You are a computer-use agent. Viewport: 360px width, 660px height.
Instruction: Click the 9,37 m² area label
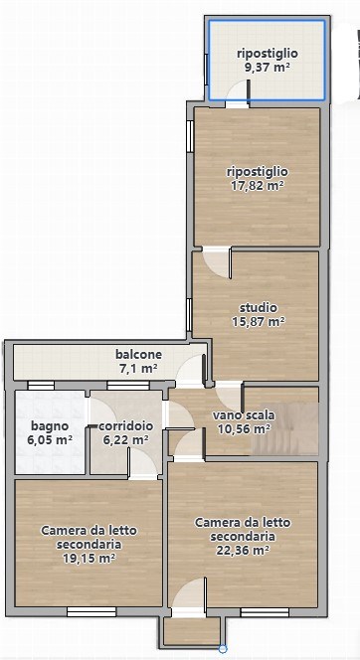pos(267,68)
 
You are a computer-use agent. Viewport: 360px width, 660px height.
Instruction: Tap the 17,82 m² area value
pos(257,184)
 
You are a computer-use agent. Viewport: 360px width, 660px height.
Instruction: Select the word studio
pos(259,307)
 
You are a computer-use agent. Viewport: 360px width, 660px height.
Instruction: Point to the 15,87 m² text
pos(259,321)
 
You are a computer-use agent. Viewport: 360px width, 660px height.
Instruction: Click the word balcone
pos(137,355)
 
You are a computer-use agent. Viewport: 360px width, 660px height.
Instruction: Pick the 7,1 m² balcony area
pos(137,369)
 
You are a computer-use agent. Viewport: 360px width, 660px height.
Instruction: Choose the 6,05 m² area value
pos(50,439)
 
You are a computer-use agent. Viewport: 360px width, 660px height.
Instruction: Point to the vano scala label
pos(244,415)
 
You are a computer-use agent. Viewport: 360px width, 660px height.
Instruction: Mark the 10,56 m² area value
pos(244,429)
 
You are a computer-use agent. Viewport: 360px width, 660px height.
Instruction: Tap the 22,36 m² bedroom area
pos(243,550)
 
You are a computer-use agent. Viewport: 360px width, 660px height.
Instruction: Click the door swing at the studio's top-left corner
pos(215,260)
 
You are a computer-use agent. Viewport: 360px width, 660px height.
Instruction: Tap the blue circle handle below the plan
pos(223,649)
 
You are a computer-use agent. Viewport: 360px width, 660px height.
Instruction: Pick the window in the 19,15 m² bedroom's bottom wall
pos(90,610)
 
